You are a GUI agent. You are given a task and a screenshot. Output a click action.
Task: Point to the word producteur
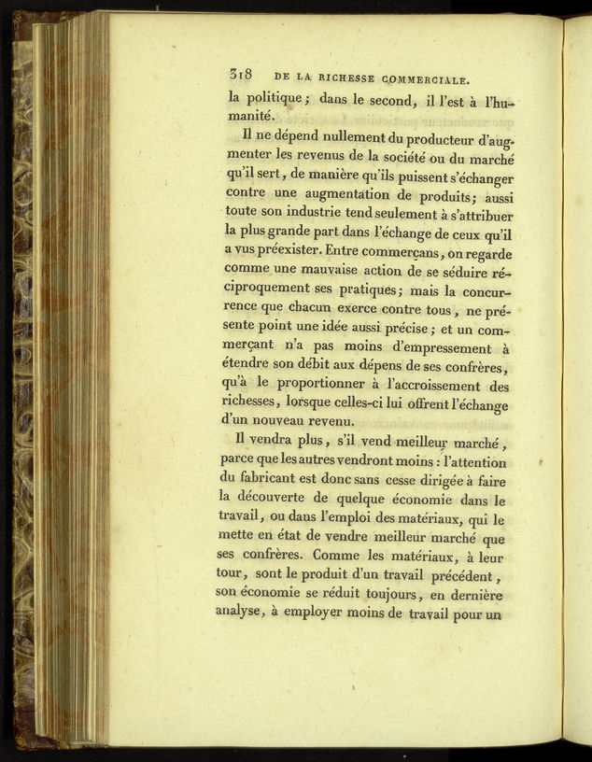point(412,142)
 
